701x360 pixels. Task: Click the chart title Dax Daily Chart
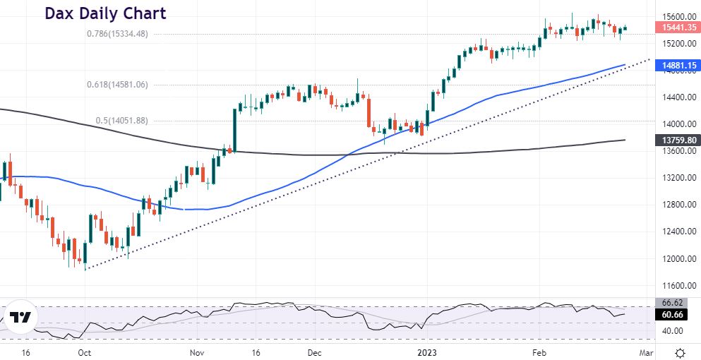(x=105, y=13)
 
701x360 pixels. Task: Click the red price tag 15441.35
(x=679, y=28)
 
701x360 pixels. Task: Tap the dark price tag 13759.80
(x=679, y=140)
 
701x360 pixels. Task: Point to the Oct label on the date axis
(x=84, y=352)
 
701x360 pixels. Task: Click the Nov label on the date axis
(x=197, y=352)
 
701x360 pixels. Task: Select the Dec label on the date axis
(x=315, y=352)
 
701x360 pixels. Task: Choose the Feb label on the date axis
(x=540, y=352)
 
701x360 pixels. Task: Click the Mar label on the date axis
(x=647, y=352)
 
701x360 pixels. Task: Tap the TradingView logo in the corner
(x=19, y=318)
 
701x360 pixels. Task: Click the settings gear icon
(x=680, y=352)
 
